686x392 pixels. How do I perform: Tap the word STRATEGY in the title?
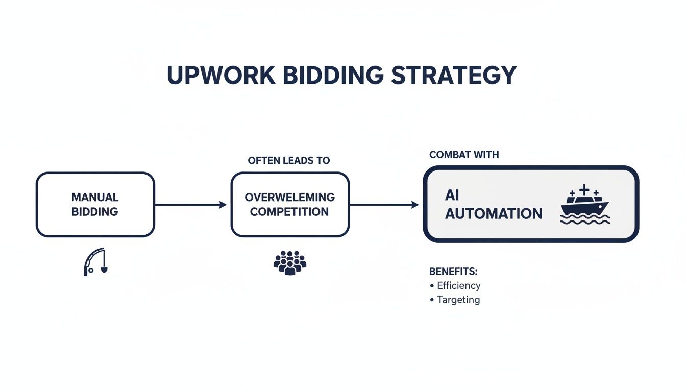click(454, 76)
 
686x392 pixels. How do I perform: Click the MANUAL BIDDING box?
click(95, 204)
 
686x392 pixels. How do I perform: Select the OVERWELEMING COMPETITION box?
click(289, 204)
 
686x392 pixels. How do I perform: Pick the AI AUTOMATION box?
click(531, 204)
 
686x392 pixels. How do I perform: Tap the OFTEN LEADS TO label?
click(289, 160)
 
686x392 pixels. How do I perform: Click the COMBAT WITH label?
click(464, 155)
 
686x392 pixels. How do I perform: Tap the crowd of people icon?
click(289, 262)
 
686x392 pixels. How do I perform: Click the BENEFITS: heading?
click(453, 271)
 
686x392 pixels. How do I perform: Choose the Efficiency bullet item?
click(458, 285)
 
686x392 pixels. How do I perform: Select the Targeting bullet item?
click(458, 300)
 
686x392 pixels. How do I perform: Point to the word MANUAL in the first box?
click(95, 197)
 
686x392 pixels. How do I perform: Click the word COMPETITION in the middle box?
click(289, 212)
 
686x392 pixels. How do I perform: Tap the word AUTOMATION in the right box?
click(494, 213)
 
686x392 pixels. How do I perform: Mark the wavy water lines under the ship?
click(585, 219)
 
